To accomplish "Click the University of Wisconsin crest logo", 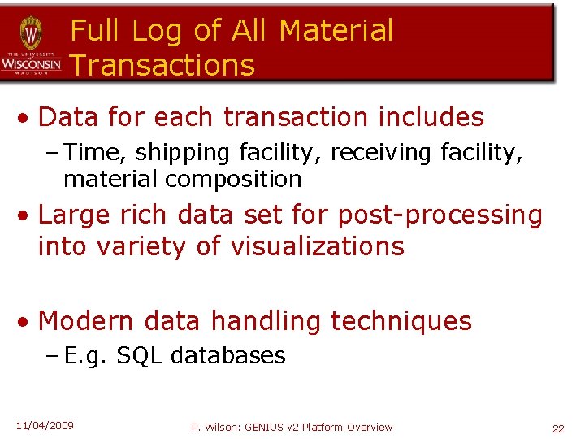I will click(x=31, y=33).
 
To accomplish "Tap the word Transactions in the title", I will click(x=162, y=66).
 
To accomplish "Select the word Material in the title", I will click(x=336, y=31).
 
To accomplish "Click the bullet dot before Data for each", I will click(x=27, y=118).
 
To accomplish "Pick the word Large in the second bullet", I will click(x=75, y=215).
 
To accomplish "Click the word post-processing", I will click(x=440, y=215).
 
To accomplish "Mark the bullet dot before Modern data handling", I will click(x=27, y=322).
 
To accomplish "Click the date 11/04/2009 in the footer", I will click(x=45, y=426).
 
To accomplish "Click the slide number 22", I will click(x=558, y=428).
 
